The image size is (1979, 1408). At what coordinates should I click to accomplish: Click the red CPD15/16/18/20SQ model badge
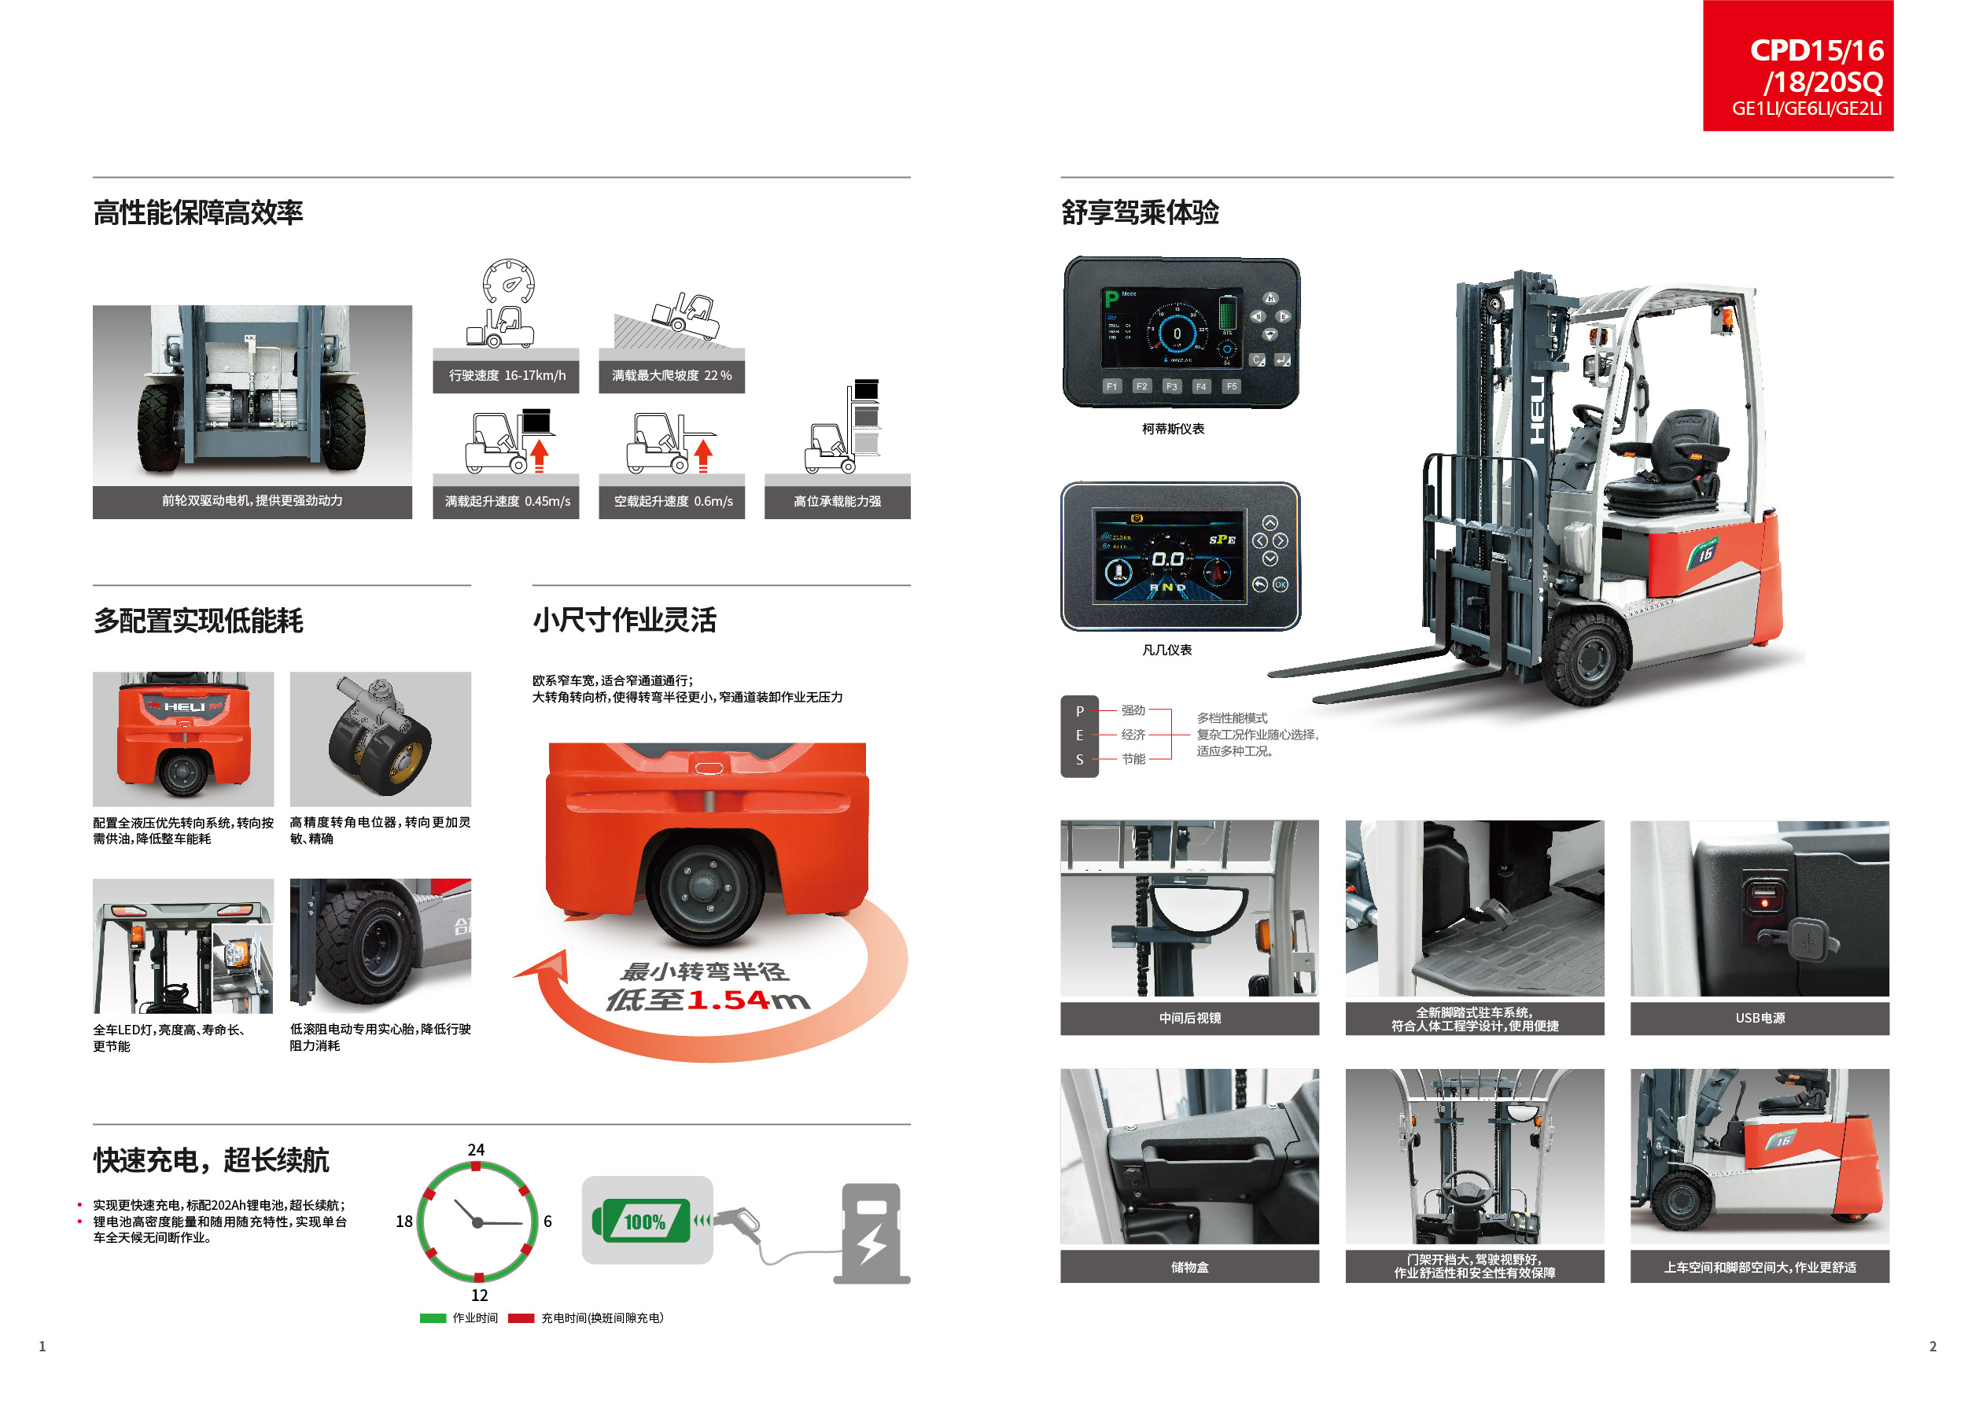pos(1797,66)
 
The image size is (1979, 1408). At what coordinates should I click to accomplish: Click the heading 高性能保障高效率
pos(197,212)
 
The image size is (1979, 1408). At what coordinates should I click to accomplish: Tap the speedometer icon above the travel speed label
pos(508,282)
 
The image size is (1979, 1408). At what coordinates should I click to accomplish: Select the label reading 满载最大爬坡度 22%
pos(671,375)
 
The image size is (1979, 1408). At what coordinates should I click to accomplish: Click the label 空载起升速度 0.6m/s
pos(672,501)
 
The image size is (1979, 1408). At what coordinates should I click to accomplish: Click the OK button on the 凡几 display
pos(1281,585)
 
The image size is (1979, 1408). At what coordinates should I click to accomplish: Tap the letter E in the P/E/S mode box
pos(1079,735)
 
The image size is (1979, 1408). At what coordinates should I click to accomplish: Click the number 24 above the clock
pos(476,1150)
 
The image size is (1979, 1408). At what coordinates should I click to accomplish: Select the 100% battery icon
pos(643,1222)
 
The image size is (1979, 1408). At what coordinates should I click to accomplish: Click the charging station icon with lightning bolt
pos(872,1233)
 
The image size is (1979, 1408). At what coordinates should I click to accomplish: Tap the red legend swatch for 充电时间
pos(520,1318)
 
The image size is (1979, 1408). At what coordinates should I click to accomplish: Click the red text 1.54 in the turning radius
pos(728,1001)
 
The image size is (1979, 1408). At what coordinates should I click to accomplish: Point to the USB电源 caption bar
pos(1759,1018)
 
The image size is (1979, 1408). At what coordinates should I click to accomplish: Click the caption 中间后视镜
pos(1189,1018)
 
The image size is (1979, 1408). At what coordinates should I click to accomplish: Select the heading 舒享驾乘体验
pos(1140,212)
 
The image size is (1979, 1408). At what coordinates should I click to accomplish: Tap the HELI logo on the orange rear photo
pos(184,706)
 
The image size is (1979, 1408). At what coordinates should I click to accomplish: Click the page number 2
pos(1932,1347)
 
